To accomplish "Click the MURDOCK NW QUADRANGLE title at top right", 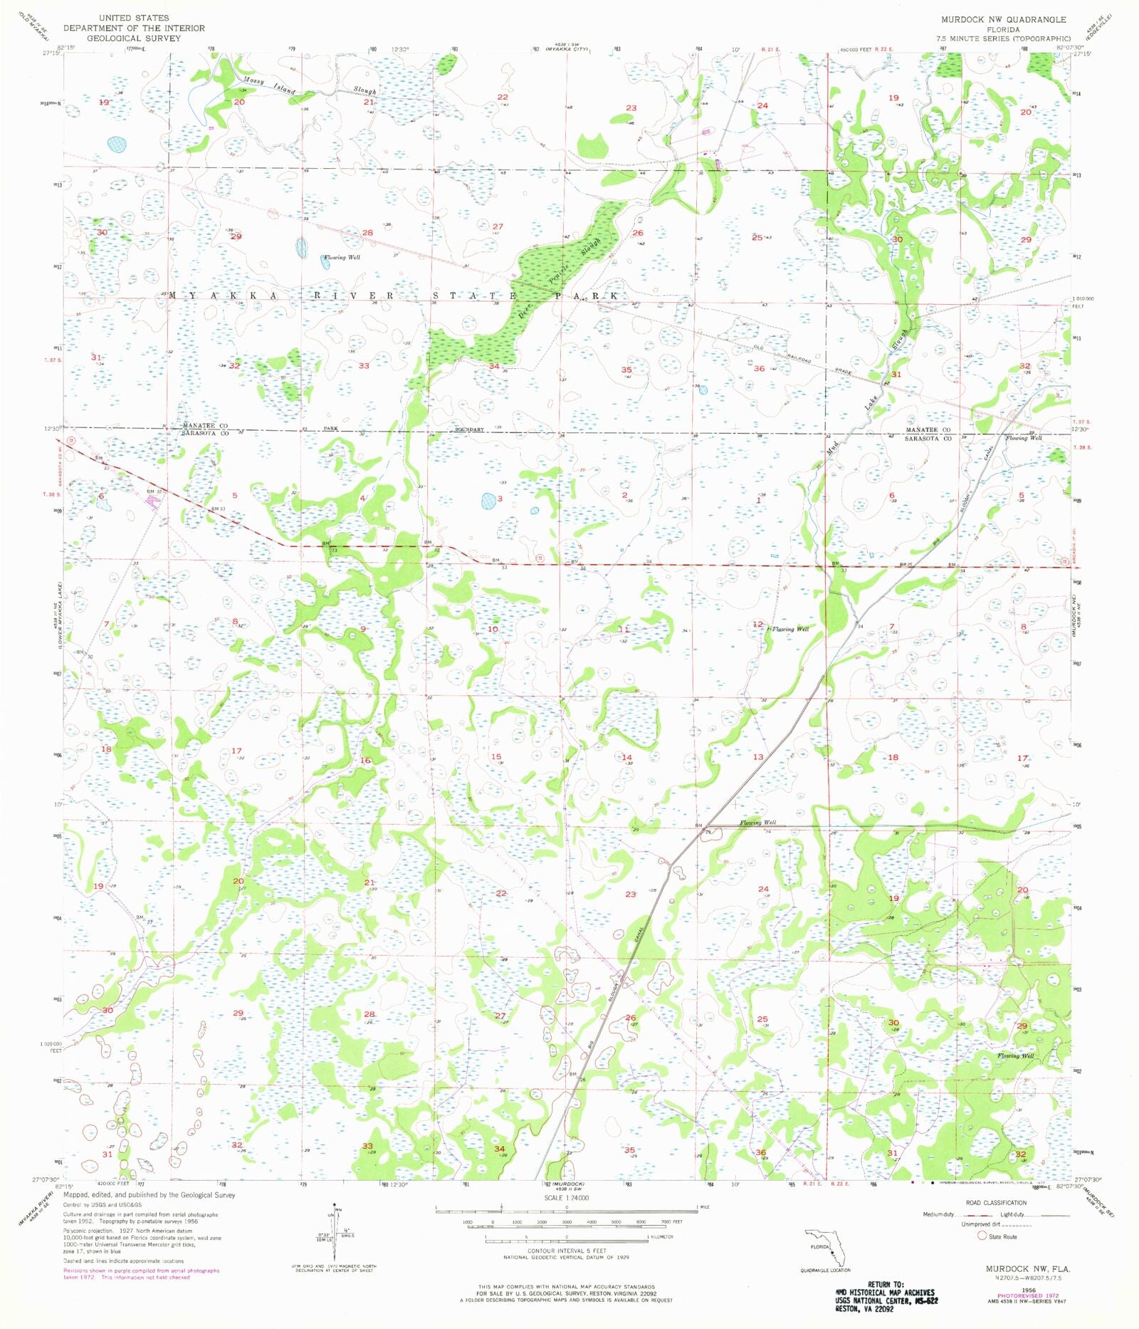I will point(1003,19).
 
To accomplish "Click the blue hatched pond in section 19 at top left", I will point(117,145).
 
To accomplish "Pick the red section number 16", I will point(365,761).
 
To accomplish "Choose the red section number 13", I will point(758,757).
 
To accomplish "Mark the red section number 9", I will point(363,629).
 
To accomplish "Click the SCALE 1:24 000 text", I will point(567,1197).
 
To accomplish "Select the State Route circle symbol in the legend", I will point(982,1236).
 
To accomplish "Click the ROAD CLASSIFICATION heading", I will point(996,1202).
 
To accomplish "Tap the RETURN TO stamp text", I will point(885,1284).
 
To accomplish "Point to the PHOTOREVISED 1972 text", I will point(1023,1295).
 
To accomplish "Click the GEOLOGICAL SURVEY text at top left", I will point(134,38).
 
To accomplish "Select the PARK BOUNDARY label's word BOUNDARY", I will point(470,429).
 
